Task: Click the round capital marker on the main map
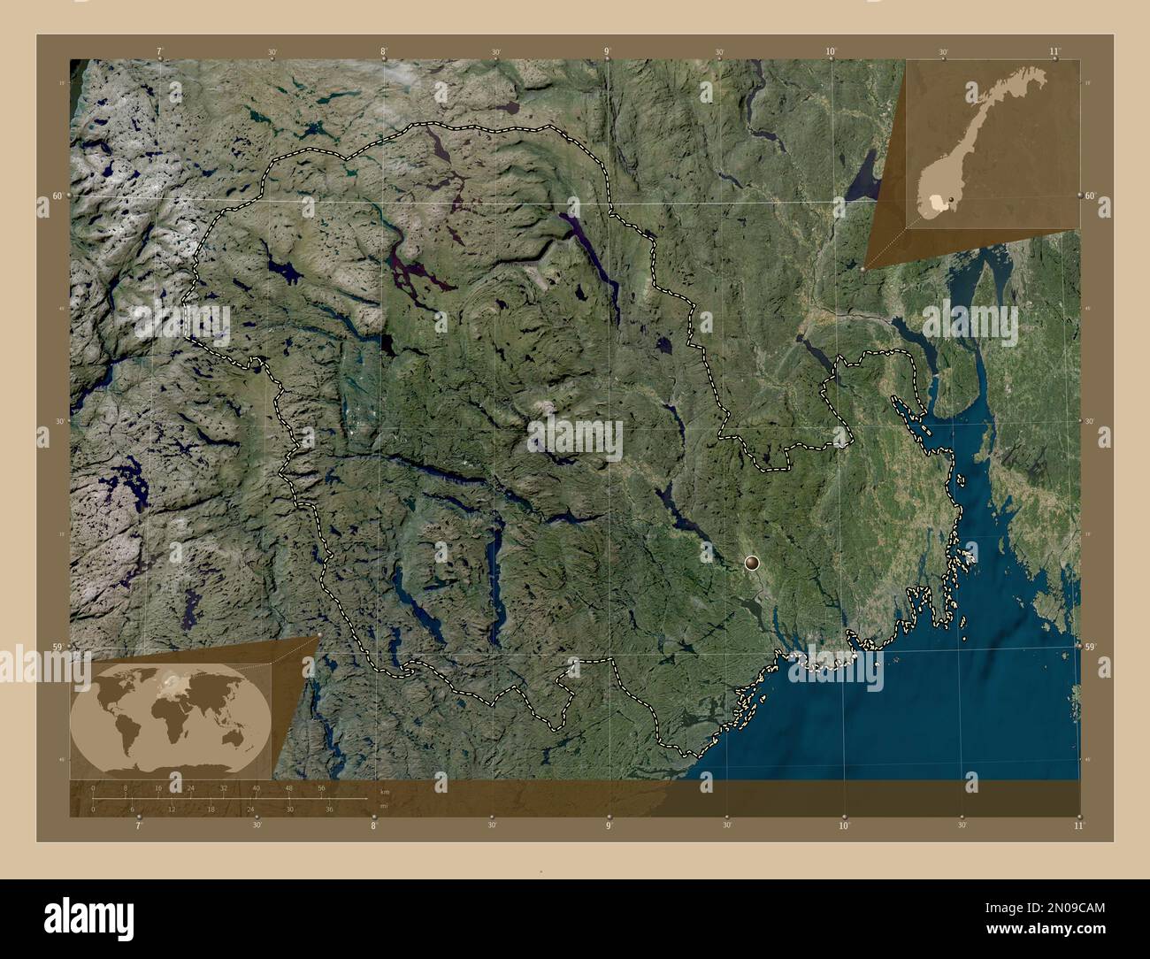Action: click(752, 562)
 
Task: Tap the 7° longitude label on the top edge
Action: click(159, 52)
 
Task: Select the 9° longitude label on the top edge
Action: click(607, 52)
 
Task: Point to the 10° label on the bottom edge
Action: click(844, 825)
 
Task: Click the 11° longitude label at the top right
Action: click(1054, 52)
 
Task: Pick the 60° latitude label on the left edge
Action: click(57, 196)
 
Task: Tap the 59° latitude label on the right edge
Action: click(1091, 648)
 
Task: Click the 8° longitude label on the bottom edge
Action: click(373, 825)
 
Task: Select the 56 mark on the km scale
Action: click(321, 787)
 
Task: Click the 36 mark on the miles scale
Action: click(328, 809)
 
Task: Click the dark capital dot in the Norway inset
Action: click(950, 201)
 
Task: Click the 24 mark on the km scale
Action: click(191, 787)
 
